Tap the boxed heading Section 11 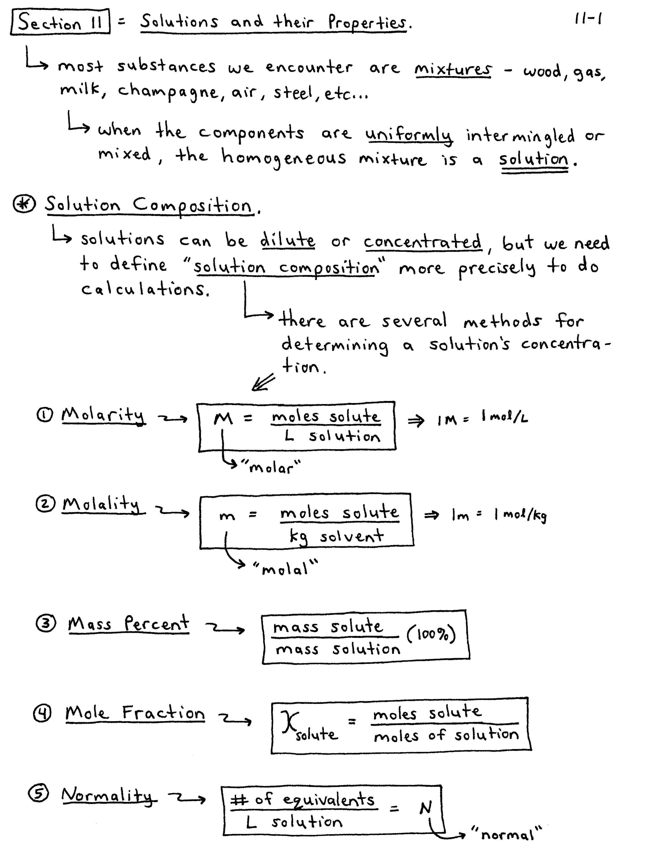pos(60,22)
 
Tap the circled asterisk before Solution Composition pos(24,204)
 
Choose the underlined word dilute pos(288,240)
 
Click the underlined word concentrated pos(423,242)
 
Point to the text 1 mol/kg pos(521,515)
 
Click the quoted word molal pos(285,569)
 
